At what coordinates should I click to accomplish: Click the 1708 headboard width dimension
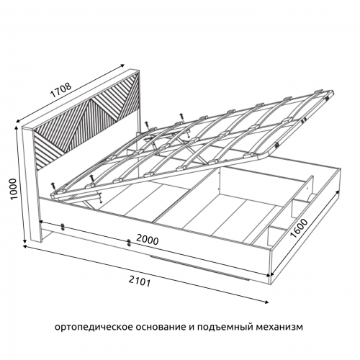[61, 91]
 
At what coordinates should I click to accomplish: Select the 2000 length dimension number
[148, 240]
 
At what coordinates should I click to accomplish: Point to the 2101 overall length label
[140, 281]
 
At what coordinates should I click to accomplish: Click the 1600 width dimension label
[299, 228]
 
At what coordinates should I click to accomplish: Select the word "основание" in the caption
[159, 327]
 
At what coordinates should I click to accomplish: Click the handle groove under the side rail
[199, 269]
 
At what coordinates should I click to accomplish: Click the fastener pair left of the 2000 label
[129, 243]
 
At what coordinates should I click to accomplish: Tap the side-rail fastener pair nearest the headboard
[63, 227]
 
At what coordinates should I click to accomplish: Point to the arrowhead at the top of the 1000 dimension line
[17, 127]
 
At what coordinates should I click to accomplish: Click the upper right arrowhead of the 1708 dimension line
[122, 65]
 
